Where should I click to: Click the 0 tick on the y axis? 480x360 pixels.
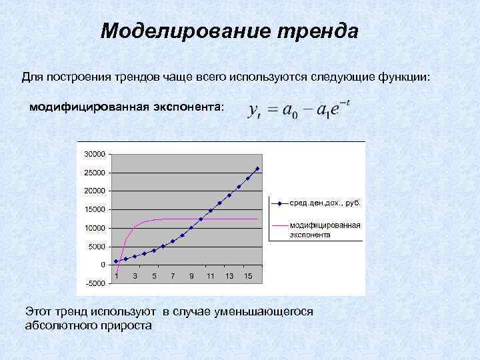pyautogui.click(x=103, y=265)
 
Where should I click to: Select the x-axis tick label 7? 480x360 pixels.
pyautogui.click(x=173, y=276)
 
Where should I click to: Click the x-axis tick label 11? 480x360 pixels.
pyautogui.click(x=210, y=276)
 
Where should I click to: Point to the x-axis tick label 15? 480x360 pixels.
pyautogui.click(x=247, y=276)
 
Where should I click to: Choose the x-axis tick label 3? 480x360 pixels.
pyautogui.click(x=135, y=276)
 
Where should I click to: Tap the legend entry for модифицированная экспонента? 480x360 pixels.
pyautogui.click(x=325, y=230)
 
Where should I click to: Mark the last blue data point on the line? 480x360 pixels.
pyautogui.click(x=257, y=169)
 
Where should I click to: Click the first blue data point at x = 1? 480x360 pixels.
pyautogui.click(x=116, y=261)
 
